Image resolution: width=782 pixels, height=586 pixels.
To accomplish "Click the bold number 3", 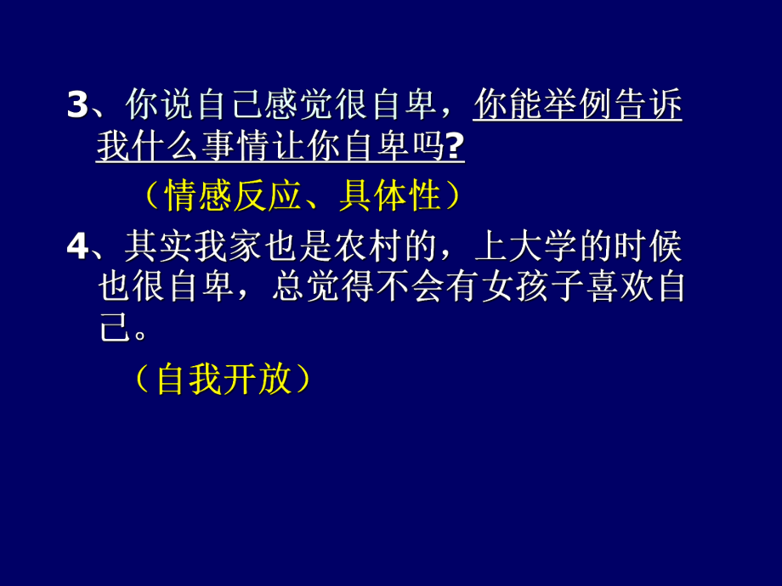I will pos(77,105).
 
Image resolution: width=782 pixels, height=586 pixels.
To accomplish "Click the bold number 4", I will pos(77,246).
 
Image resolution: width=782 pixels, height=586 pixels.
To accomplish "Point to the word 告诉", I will pos(649,105).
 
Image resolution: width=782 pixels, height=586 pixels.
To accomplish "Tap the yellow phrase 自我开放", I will pos(223,380).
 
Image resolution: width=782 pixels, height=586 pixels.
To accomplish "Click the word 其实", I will pos(154,246).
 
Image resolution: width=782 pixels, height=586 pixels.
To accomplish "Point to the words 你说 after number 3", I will pos(154,105).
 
